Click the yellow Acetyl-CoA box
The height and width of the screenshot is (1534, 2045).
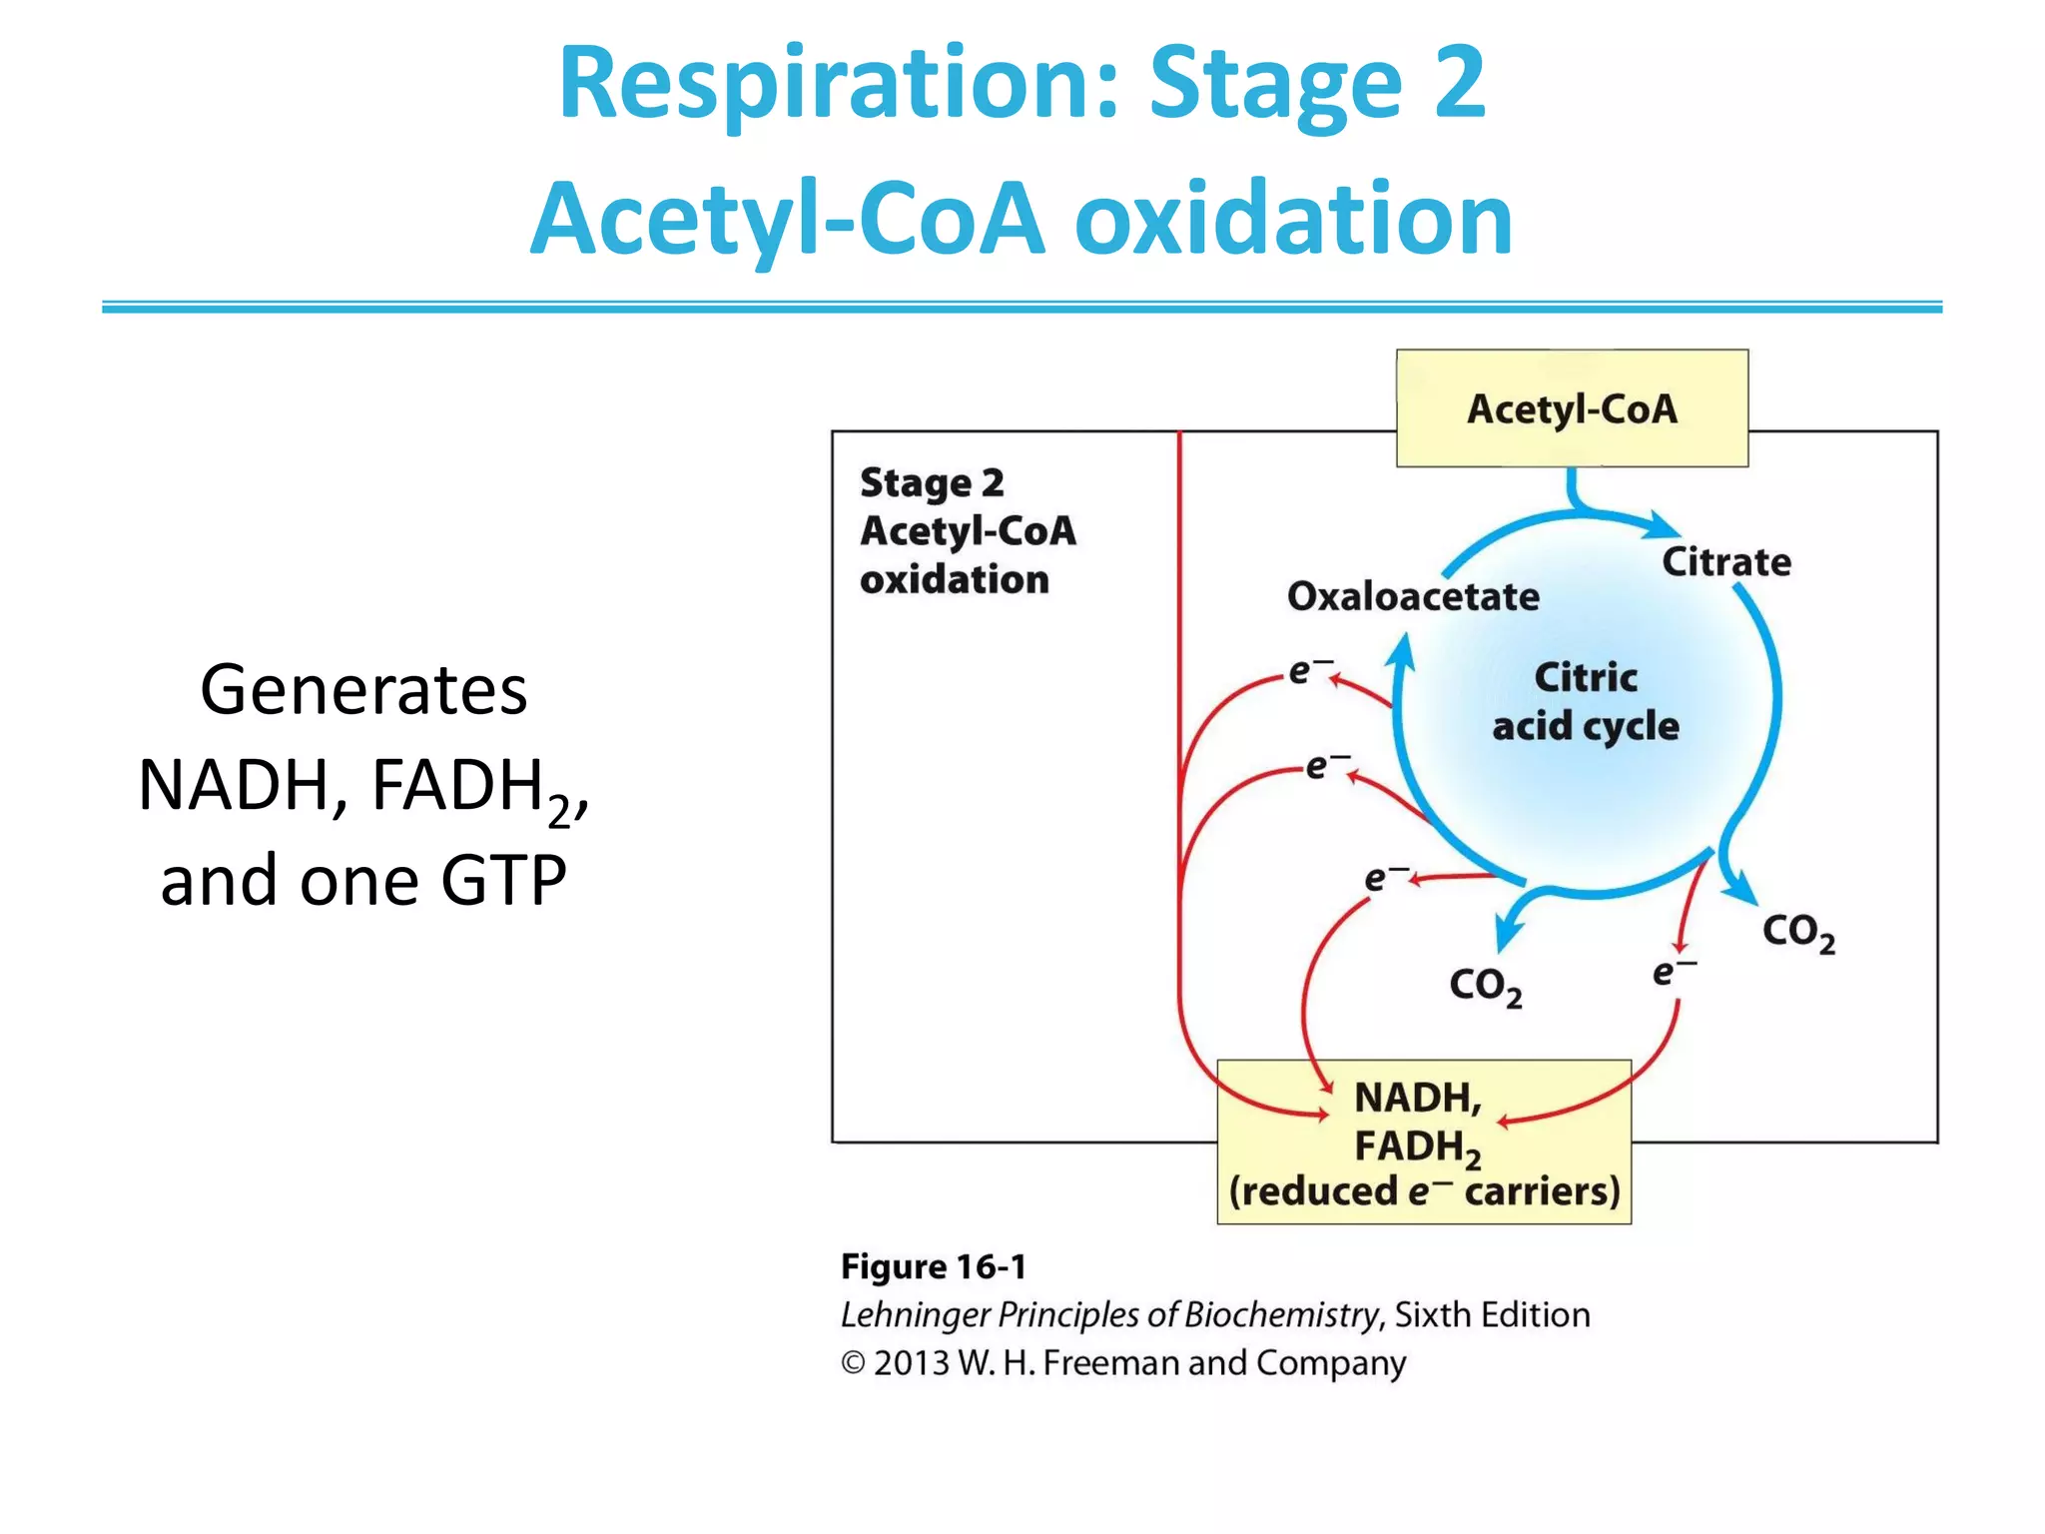click(x=1572, y=408)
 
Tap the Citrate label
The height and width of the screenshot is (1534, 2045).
click(x=1725, y=562)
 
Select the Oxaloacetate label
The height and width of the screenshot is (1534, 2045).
click(x=1413, y=596)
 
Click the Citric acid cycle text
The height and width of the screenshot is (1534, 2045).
click(x=1586, y=701)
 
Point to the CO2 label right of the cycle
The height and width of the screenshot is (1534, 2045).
click(x=1797, y=932)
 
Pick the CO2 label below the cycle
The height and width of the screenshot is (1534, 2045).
click(x=1485, y=986)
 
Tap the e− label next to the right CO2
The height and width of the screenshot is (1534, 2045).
click(x=1671, y=972)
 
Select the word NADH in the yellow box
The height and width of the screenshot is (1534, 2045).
click(x=1416, y=1098)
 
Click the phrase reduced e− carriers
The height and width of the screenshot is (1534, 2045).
click(x=1424, y=1191)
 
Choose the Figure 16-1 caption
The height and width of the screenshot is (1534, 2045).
click(x=933, y=1266)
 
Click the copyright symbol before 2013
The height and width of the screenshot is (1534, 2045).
click(x=853, y=1363)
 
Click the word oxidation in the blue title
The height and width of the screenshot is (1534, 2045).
click(x=1293, y=219)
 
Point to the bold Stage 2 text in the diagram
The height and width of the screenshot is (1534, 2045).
click(x=931, y=482)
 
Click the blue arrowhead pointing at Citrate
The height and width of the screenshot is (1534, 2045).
click(x=1663, y=525)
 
